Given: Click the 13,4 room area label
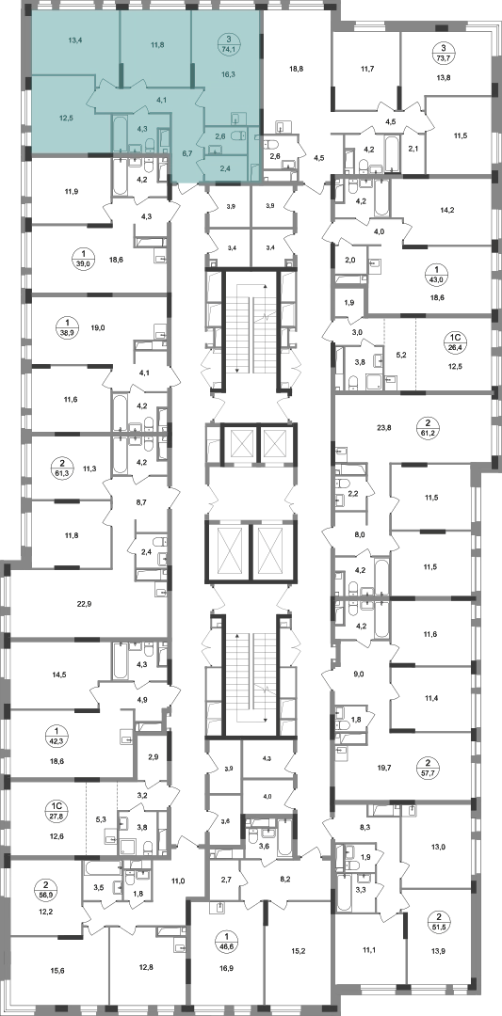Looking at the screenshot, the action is [76, 39].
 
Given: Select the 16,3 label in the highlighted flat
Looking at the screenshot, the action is [228, 74].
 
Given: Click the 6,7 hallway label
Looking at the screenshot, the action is [187, 153].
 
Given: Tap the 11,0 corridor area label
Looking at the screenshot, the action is [178, 881].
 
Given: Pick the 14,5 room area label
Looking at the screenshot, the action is [58, 675].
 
